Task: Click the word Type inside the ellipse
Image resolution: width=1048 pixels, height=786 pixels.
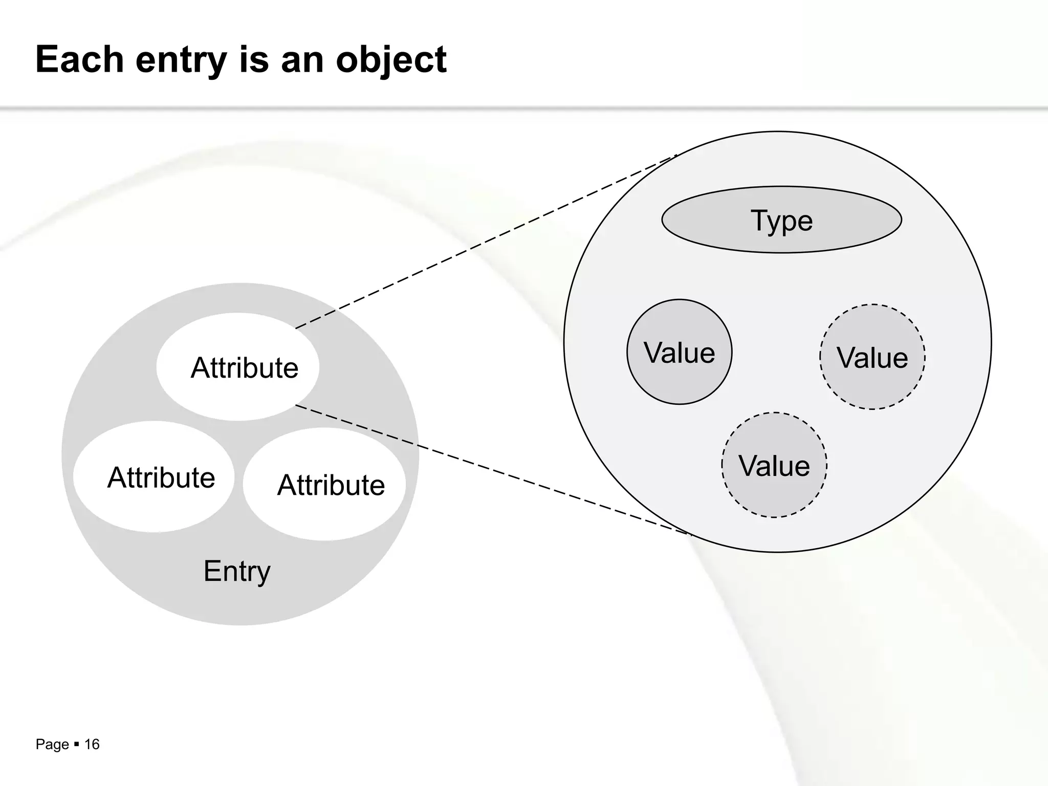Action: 781,221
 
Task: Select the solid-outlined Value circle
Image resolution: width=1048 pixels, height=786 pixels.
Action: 679,352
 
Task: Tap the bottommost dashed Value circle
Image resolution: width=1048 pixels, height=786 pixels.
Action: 774,465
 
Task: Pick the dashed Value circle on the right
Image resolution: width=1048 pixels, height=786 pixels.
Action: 872,357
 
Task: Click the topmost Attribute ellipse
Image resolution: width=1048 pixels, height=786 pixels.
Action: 238,367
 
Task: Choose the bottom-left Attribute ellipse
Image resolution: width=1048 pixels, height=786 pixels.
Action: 154,477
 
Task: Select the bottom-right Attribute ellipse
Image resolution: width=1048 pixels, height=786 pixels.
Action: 324,484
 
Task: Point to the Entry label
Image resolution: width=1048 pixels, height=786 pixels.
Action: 237,571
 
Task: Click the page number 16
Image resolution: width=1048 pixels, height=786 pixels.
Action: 92,744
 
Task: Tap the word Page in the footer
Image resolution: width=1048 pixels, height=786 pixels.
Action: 52,745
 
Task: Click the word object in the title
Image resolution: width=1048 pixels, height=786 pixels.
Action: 391,60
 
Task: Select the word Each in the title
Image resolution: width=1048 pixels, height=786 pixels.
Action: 80,59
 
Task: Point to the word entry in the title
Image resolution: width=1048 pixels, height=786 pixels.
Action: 181,60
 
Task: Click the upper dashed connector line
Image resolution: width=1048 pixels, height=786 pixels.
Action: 486,241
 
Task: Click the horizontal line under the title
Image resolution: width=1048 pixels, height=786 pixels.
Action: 524,108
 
